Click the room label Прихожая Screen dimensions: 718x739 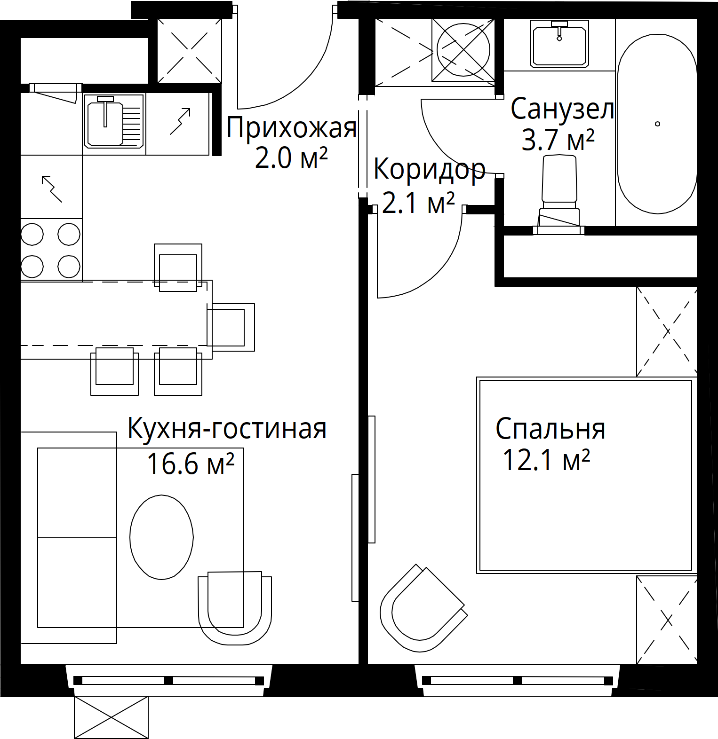291,128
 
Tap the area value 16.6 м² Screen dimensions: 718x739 191,464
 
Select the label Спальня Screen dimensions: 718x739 550,429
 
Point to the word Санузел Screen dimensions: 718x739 562,110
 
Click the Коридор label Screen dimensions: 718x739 429,170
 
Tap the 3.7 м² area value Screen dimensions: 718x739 558,140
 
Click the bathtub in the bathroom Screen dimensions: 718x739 657,124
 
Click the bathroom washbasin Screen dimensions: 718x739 559,43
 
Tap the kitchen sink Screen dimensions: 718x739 114,121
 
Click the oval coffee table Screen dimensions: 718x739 161,537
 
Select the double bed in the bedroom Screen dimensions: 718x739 586,475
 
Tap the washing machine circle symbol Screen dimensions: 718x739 463,49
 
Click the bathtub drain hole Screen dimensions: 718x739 657,124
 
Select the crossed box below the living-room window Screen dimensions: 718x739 112,717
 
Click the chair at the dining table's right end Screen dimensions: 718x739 231,327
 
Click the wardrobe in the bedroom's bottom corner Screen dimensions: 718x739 666,620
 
